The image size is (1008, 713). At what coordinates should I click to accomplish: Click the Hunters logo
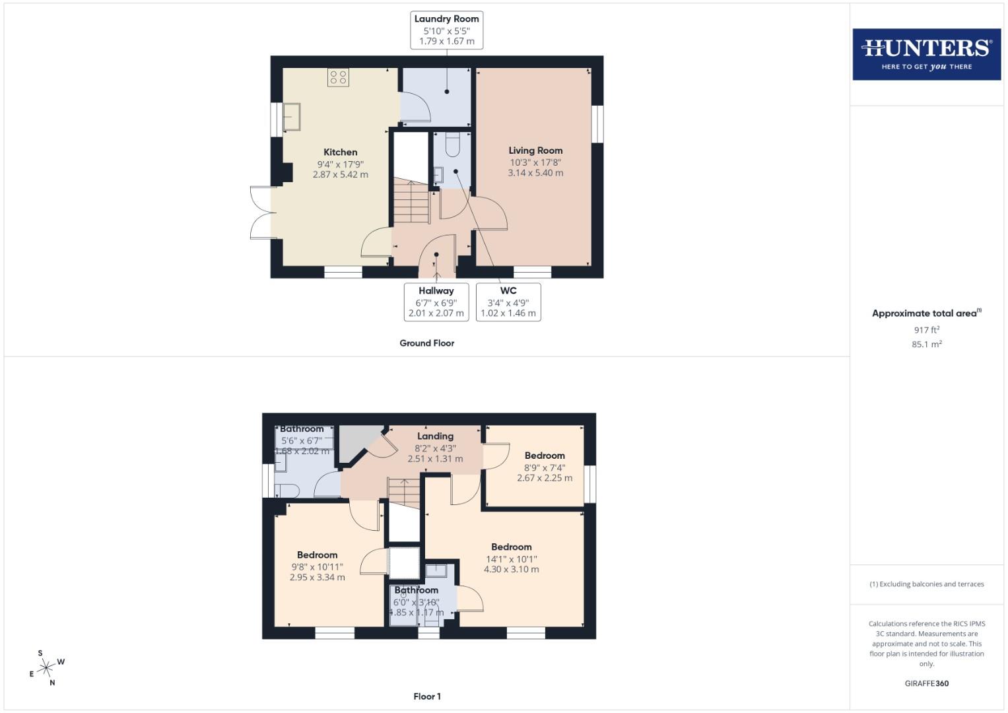[926, 54]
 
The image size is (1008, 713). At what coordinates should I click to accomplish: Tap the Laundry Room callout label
[447, 30]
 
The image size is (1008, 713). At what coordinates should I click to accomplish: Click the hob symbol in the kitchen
[338, 77]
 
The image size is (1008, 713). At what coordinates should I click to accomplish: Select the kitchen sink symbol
[291, 117]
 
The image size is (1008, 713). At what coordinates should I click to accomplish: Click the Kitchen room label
[340, 153]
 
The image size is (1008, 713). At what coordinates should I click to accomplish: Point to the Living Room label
[535, 151]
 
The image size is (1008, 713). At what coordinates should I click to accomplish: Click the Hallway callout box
[436, 302]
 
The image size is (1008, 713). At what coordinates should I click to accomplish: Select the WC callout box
[508, 302]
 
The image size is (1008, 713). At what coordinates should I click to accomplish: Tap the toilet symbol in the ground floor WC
[453, 145]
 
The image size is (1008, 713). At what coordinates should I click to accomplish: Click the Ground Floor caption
[426, 343]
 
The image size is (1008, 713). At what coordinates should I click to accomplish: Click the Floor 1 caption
[426, 696]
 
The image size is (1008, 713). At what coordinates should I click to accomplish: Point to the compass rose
[46, 669]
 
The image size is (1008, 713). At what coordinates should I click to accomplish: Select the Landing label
[435, 436]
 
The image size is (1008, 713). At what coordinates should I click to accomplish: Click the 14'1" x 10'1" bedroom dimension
[511, 559]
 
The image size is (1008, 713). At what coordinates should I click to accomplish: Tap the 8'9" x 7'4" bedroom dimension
[545, 467]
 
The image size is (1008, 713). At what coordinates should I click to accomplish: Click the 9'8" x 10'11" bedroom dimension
[317, 566]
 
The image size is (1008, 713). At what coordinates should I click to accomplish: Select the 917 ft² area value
[926, 330]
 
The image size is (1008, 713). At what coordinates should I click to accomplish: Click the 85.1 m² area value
[926, 345]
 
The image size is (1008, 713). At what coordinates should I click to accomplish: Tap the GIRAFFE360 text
[926, 684]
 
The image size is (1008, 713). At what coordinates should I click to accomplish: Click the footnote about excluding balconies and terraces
[926, 584]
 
